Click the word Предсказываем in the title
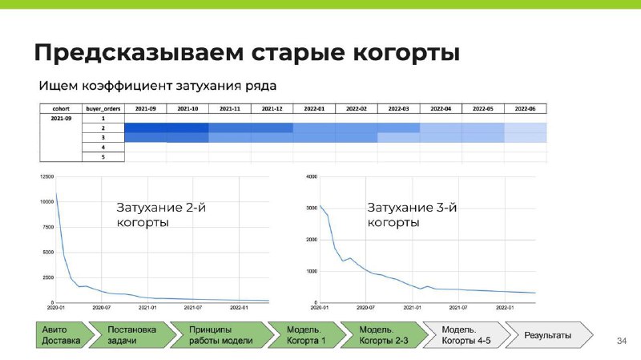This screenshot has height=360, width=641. [x=139, y=52]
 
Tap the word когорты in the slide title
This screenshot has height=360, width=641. [x=406, y=53]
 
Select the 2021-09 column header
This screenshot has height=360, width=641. [x=146, y=109]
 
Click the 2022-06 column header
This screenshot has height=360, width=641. [x=525, y=109]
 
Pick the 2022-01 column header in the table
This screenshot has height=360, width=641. [x=314, y=109]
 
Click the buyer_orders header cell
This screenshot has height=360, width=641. [x=103, y=109]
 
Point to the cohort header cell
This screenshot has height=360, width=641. [x=61, y=109]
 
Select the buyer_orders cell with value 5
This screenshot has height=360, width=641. [x=103, y=156]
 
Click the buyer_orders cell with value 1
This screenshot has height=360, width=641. [x=103, y=118]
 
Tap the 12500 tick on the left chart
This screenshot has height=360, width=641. [x=46, y=176]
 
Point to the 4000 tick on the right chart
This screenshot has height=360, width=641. [x=312, y=176]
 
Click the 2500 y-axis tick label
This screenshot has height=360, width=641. [x=48, y=277]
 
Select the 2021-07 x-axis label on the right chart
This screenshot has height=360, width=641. [x=458, y=307]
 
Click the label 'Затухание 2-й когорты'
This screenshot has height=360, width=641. [x=161, y=215]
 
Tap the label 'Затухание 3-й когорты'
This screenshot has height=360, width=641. [x=412, y=215]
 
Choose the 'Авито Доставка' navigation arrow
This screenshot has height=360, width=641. [x=64, y=335]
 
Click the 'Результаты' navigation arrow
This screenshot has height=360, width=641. [x=549, y=335]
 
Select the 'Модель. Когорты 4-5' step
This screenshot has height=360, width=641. [x=466, y=335]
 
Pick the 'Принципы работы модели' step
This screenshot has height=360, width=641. [x=222, y=335]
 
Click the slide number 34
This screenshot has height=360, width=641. [x=622, y=341]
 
